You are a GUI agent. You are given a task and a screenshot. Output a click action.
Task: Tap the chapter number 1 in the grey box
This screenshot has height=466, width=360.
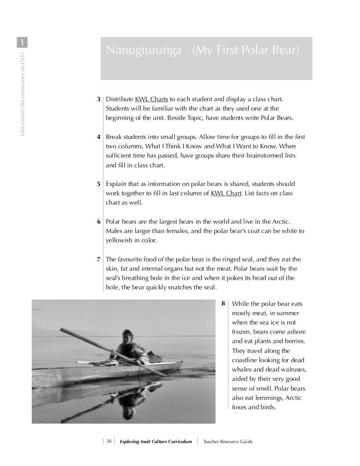coord(22,42)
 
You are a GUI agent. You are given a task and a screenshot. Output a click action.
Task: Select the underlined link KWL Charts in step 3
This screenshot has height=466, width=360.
coord(151,99)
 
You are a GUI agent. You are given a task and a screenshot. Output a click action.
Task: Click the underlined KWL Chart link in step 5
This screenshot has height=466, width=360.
coord(226,193)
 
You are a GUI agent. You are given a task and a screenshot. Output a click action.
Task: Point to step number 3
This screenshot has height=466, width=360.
coord(99,99)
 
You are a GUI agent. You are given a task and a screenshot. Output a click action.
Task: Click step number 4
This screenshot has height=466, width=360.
coord(99,137)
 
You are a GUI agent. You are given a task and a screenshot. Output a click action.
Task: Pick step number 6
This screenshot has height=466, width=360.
coord(99,222)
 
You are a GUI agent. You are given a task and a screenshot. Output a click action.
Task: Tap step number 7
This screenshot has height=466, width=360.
coord(99,259)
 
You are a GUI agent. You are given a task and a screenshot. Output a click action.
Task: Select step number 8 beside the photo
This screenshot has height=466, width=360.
coord(223,304)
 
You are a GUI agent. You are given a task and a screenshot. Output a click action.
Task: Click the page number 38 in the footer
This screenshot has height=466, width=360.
coord(109,441)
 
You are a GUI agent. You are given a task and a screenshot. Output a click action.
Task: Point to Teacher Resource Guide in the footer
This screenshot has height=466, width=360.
coord(228,441)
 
